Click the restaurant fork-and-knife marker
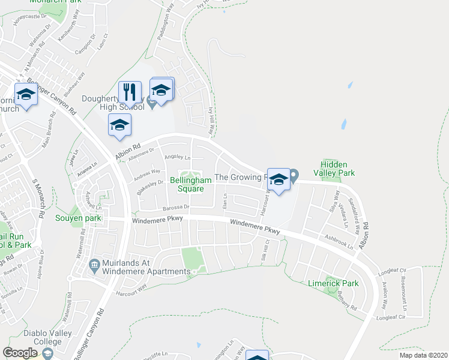tap(130, 92)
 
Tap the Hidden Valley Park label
tap(338, 169)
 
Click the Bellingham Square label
tap(191, 184)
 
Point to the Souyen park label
tap(79, 218)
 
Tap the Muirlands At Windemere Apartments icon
tap(94, 265)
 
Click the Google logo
tap(20, 353)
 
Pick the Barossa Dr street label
tap(175, 208)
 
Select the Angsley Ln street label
tap(178, 158)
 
